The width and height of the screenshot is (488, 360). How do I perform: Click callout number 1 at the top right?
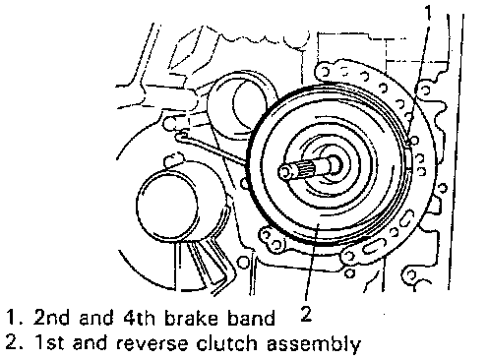pyautogui.click(x=428, y=12)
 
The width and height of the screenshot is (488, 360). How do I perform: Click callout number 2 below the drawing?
pyautogui.click(x=306, y=314)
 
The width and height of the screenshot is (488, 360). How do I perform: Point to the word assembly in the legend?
pyautogui.click(x=314, y=344)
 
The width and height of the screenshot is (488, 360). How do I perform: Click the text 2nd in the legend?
pyautogui.click(x=51, y=318)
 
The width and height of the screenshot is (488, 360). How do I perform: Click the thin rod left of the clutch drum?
pyautogui.click(x=213, y=149)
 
